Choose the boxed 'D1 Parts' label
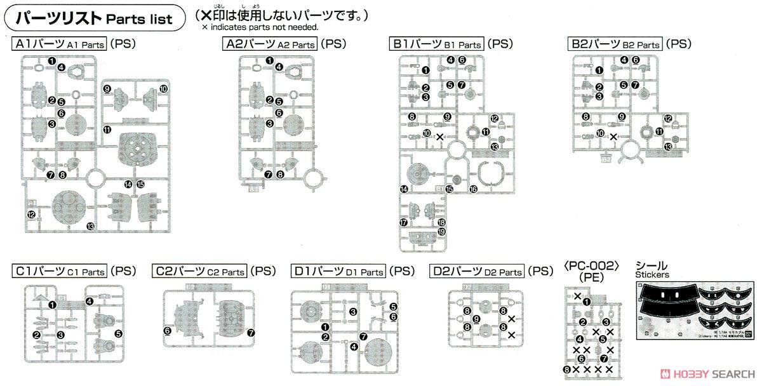tap(338, 271)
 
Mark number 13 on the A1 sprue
tap(91, 226)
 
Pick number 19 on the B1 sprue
tap(442, 232)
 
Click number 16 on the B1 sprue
tap(473, 189)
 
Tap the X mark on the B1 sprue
tap(440, 136)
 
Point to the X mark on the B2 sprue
tap(613, 136)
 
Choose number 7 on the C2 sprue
tap(251, 332)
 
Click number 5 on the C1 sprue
tap(118, 333)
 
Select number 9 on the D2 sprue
tap(476, 318)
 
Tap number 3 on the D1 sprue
tap(353, 311)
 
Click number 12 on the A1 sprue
tap(30, 215)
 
